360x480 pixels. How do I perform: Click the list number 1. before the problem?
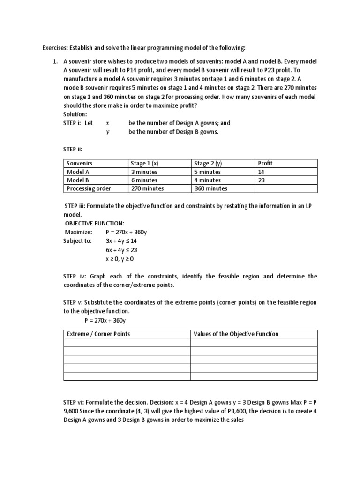click(55, 62)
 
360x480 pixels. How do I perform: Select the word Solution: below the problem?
click(75, 114)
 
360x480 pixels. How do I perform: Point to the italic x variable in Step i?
click(108, 123)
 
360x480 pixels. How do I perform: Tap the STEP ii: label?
click(73, 149)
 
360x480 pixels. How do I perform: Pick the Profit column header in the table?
click(265, 163)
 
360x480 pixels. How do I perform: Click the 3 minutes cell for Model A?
click(144, 172)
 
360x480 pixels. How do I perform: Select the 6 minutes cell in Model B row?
click(144, 180)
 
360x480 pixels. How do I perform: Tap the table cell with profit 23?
click(262, 180)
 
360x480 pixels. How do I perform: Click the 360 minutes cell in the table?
click(210, 188)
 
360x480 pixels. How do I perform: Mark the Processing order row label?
click(89, 188)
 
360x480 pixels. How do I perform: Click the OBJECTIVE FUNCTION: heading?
click(94, 223)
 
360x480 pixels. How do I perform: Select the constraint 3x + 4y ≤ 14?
click(121, 241)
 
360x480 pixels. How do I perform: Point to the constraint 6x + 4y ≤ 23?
click(121, 250)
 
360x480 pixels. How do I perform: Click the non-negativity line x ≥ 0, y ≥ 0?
click(120, 259)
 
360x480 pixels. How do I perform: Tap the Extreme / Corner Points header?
click(98, 334)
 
